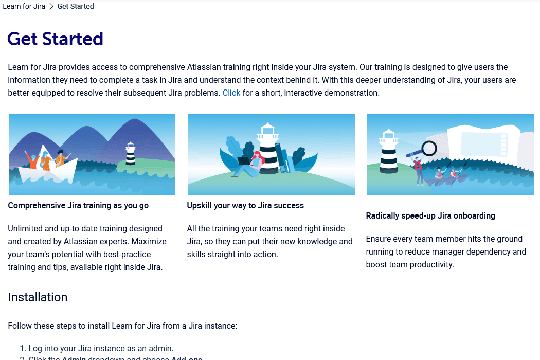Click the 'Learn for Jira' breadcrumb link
click(x=24, y=7)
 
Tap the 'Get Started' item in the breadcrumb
click(x=76, y=7)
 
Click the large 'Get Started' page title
click(x=56, y=39)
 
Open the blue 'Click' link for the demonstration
click(x=231, y=93)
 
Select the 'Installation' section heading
click(x=38, y=297)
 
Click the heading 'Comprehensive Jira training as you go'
click(x=78, y=206)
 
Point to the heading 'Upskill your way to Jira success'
click(x=245, y=206)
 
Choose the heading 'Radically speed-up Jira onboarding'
click(x=430, y=216)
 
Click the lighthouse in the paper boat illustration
click(x=131, y=153)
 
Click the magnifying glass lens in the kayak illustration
click(x=428, y=149)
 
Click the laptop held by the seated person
click(x=243, y=161)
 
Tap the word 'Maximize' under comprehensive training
click(x=149, y=242)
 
